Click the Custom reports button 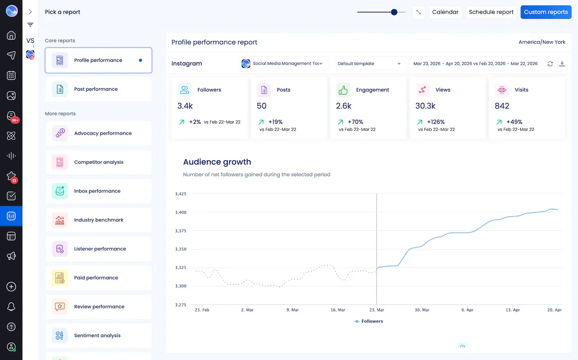coord(546,12)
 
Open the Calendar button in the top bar coord(445,12)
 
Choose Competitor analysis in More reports coord(98,162)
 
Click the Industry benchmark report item coord(98,220)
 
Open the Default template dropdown coord(369,64)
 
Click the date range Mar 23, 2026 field coord(475,64)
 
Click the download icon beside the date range coord(562,64)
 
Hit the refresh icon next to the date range coord(550,64)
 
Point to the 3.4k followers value coord(185,106)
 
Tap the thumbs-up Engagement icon coord(343,90)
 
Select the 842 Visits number coord(502,106)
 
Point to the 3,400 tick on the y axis coord(181,213)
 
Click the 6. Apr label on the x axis coord(467,310)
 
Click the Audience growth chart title coord(217,162)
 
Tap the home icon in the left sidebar coord(11,35)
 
